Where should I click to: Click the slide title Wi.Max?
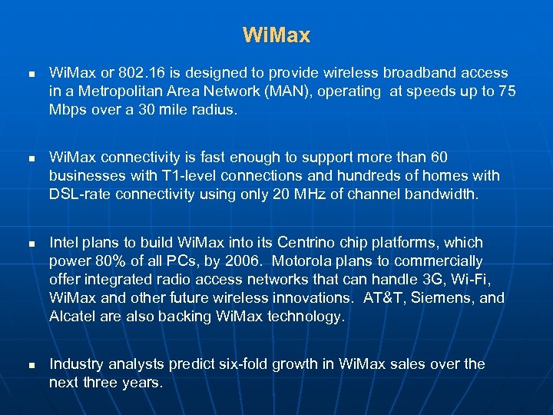[276, 35]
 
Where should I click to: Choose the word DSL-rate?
[79, 194]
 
